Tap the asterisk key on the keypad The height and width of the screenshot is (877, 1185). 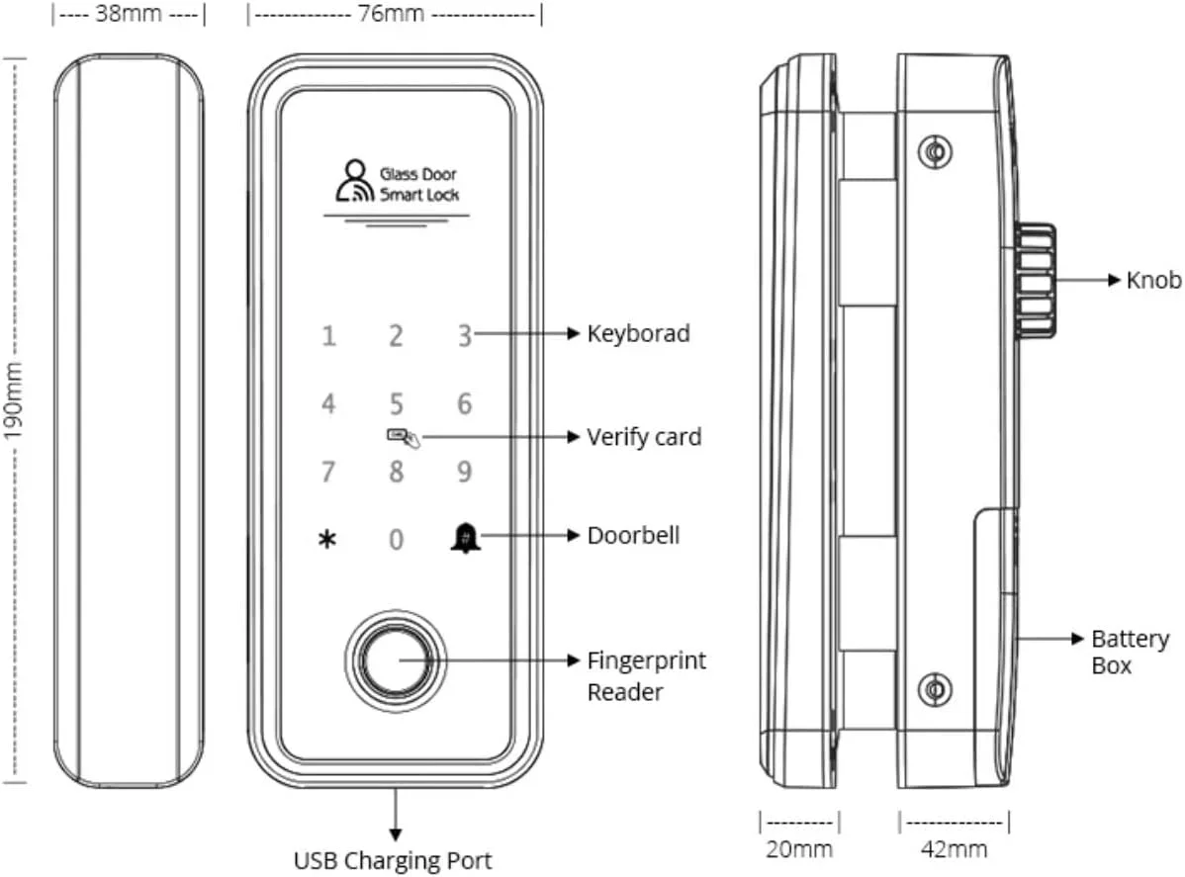(327, 540)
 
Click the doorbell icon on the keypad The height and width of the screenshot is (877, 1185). (461, 537)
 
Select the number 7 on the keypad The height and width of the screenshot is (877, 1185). (327, 471)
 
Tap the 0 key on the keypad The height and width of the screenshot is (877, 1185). (396, 540)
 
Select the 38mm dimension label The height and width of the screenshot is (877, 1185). (130, 17)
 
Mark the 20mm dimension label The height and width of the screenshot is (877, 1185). (799, 848)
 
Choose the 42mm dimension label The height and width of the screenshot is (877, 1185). (954, 848)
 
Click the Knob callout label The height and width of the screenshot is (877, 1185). (1153, 280)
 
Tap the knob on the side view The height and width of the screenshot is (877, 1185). (1035, 280)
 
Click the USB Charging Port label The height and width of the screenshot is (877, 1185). (393, 859)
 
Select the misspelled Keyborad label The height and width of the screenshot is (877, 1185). (638, 333)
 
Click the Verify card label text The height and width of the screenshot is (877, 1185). (644, 436)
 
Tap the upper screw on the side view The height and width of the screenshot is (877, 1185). (934, 151)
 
